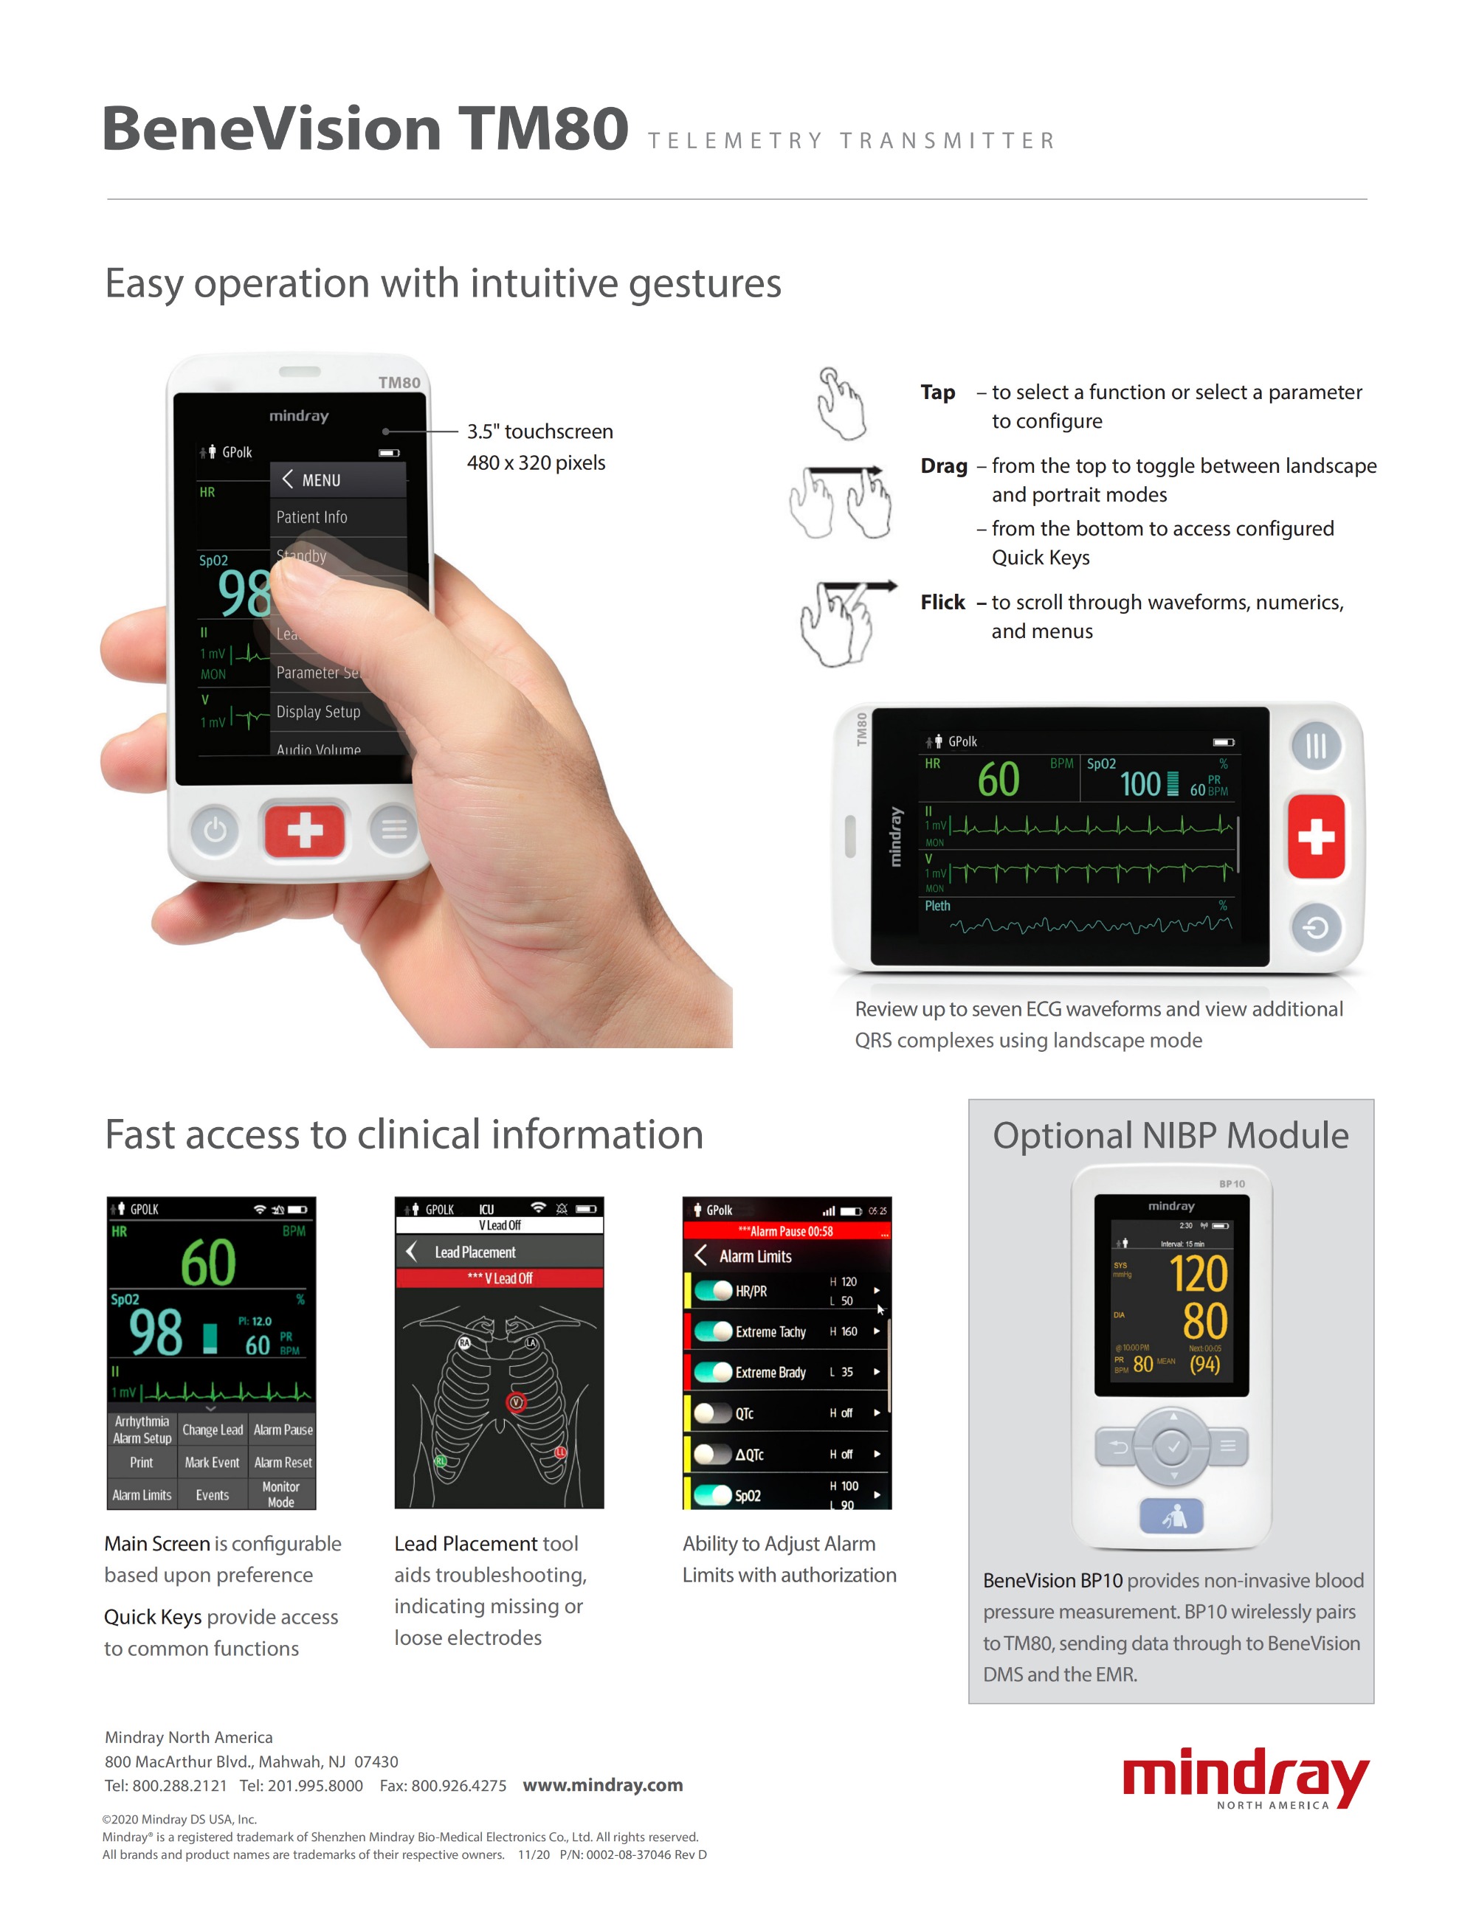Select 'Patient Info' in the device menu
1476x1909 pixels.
point(312,518)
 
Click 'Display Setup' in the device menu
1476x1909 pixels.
point(318,712)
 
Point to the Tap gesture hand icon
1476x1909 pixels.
point(841,403)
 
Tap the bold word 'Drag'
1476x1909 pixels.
point(943,466)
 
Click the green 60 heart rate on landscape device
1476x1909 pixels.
point(998,779)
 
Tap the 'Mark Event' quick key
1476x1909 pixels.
point(212,1462)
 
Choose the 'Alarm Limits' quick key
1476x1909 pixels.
point(142,1494)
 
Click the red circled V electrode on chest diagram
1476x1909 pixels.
point(516,1402)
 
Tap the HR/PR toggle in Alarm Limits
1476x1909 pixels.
point(714,1290)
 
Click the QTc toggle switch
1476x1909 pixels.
point(714,1413)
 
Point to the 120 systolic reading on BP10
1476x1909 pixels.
point(1198,1274)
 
